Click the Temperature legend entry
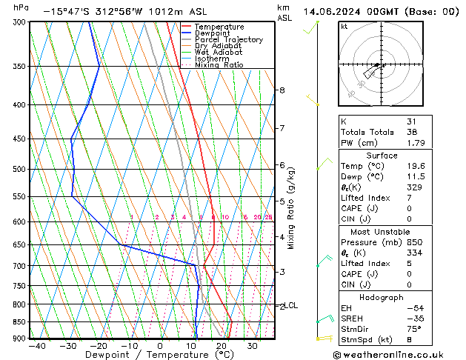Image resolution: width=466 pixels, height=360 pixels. (x=220, y=27)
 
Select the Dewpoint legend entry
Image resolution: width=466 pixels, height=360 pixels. (x=214, y=33)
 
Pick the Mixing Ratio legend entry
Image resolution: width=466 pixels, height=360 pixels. (x=219, y=65)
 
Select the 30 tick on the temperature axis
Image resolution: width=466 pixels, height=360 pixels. (x=253, y=346)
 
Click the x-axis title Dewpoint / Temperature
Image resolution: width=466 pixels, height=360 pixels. (x=153, y=356)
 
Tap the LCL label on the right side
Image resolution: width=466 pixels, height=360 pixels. (x=292, y=305)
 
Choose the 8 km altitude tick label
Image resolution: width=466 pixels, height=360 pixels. (x=282, y=90)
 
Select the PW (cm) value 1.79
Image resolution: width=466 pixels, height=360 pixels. (x=416, y=143)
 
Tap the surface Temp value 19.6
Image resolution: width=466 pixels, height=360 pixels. (x=416, y=167)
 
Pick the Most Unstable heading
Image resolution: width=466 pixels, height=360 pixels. (x=382, y=232)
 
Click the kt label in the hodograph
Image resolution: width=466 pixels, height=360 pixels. (x=344, y=26)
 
